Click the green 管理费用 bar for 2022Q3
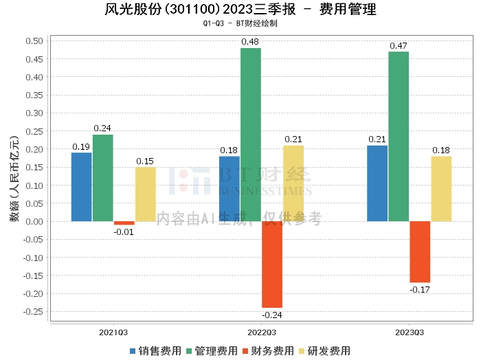click(251, 135)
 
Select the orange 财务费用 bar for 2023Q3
click(420, 251)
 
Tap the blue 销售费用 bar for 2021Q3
click(82, 187)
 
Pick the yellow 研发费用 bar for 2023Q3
click(441, 188)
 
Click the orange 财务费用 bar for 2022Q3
click(272, 265)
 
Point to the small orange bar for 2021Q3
click(124, 223)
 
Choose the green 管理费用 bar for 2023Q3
click(399, 136)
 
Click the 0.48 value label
click(249, 43)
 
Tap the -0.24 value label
click(273, 315)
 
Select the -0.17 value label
click(420, 290)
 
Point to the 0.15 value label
click(144, 161)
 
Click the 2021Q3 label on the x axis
click(113, 333)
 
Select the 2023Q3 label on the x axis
click(410, 333)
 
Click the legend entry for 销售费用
click(155, 350)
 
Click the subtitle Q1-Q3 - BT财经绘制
click(240, 23)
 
